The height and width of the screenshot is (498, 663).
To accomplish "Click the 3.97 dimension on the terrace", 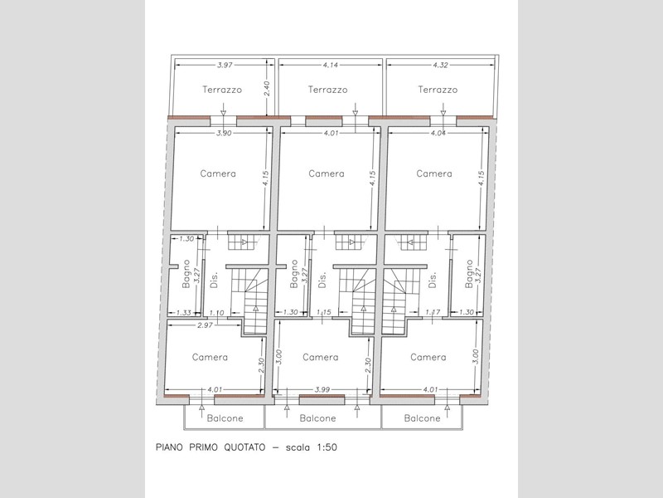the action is pyautogui.click(x=225, y=66).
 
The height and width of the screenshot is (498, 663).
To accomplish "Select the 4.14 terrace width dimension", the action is pyautogui.click(x=331, y=66).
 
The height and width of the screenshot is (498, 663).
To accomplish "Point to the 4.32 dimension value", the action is pyautogui.click(x=441, y=66).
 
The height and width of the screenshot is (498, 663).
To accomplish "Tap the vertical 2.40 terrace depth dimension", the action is pyautogui.click(x=266, y=89).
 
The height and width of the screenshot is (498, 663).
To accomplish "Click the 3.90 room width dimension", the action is pyautogui.click(x=224, y=133).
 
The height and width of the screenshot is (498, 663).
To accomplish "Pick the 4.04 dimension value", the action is pyautogui.click(x=438, y=133).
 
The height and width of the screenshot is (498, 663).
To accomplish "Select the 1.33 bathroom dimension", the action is pyautogui.click(x=183, y=313).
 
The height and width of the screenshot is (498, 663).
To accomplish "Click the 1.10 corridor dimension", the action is pyautogui.click(x=216, y=313).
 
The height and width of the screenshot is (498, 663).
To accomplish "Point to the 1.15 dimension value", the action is pyautogui.click(x=323, y=313).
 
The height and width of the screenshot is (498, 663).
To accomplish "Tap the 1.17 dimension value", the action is pyautogui.click(x=433, y=312).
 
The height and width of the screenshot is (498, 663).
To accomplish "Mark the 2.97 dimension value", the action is pyautogui.click(x=205, y=325).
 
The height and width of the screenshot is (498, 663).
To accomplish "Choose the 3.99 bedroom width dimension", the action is pyautogui.click(x=322, y=389).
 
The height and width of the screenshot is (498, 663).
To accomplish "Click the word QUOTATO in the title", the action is pyautogui.click(x=244, y=447).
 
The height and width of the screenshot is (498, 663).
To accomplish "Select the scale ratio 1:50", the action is pyautogui.click(x=327, y=447).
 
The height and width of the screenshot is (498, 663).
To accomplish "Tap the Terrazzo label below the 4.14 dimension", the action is pyautogui.click(x=327, y=90).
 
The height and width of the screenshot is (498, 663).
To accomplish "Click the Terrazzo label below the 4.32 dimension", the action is pyautogui.click(x=438, y=90).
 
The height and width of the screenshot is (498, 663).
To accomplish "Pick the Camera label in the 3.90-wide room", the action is pyautogui.click(x=218, y=173).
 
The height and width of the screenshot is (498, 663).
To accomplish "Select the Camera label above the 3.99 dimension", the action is pyautogui.click(x=321, y=358).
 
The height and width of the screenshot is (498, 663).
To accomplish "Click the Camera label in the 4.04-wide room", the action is pyautogui.click(x=434, y=173).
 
